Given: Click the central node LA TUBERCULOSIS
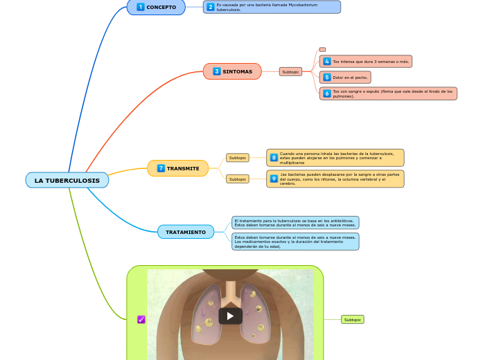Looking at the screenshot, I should [67, 181].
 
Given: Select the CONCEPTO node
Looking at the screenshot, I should [156, 7].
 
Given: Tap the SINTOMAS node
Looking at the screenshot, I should [232, 71].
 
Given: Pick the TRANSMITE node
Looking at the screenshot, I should [178, 168].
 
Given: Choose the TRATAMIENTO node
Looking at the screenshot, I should [186, 232].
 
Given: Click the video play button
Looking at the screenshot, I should [230, 316].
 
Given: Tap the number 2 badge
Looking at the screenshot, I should [211, 7].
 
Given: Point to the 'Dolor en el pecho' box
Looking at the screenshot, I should [345, 78].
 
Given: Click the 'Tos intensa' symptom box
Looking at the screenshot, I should [366, 62].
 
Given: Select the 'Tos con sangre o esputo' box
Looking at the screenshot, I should [388, 93].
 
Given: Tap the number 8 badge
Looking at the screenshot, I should [274, 158].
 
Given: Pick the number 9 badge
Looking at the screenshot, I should [274, 179].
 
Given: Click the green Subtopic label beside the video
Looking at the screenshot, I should [353, 319].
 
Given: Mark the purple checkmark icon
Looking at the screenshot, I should [141, 319].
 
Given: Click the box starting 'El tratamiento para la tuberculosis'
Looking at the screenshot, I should [295, 223].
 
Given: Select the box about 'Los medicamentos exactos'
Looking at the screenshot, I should [295, 242].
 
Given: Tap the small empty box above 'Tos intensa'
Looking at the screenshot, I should [322, 49].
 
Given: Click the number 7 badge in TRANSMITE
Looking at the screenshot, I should [161, 168].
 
